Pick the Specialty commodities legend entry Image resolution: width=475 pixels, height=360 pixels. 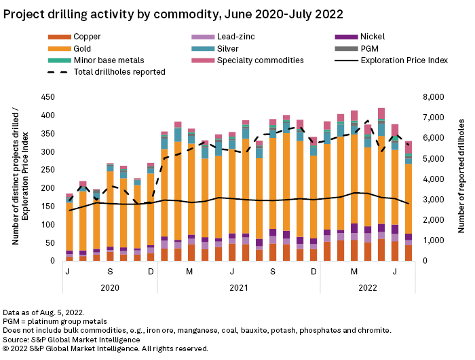point(253,60)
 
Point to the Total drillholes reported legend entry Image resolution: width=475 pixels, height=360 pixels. point(119,71)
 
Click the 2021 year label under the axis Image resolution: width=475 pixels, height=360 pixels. point(238,287)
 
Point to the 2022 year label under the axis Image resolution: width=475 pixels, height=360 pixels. point(367,287)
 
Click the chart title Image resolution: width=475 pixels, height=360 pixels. point(173,13)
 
